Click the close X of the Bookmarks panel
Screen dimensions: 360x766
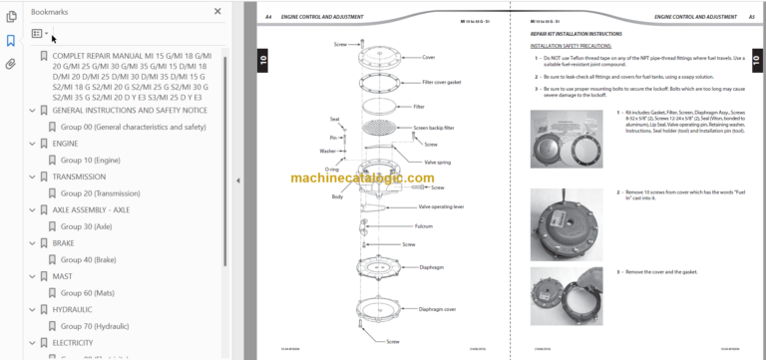(218, 12)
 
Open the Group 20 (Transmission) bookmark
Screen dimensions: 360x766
(100, 192)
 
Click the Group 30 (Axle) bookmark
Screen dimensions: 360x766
(87, 226)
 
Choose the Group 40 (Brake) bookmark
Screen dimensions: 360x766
(88, 259)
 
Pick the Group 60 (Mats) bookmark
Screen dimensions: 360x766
(87, 292)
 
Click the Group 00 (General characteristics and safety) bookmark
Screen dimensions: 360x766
(132, 126)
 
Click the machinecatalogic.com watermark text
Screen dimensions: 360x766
(362, 180)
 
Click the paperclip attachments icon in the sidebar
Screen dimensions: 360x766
(10, 64)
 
